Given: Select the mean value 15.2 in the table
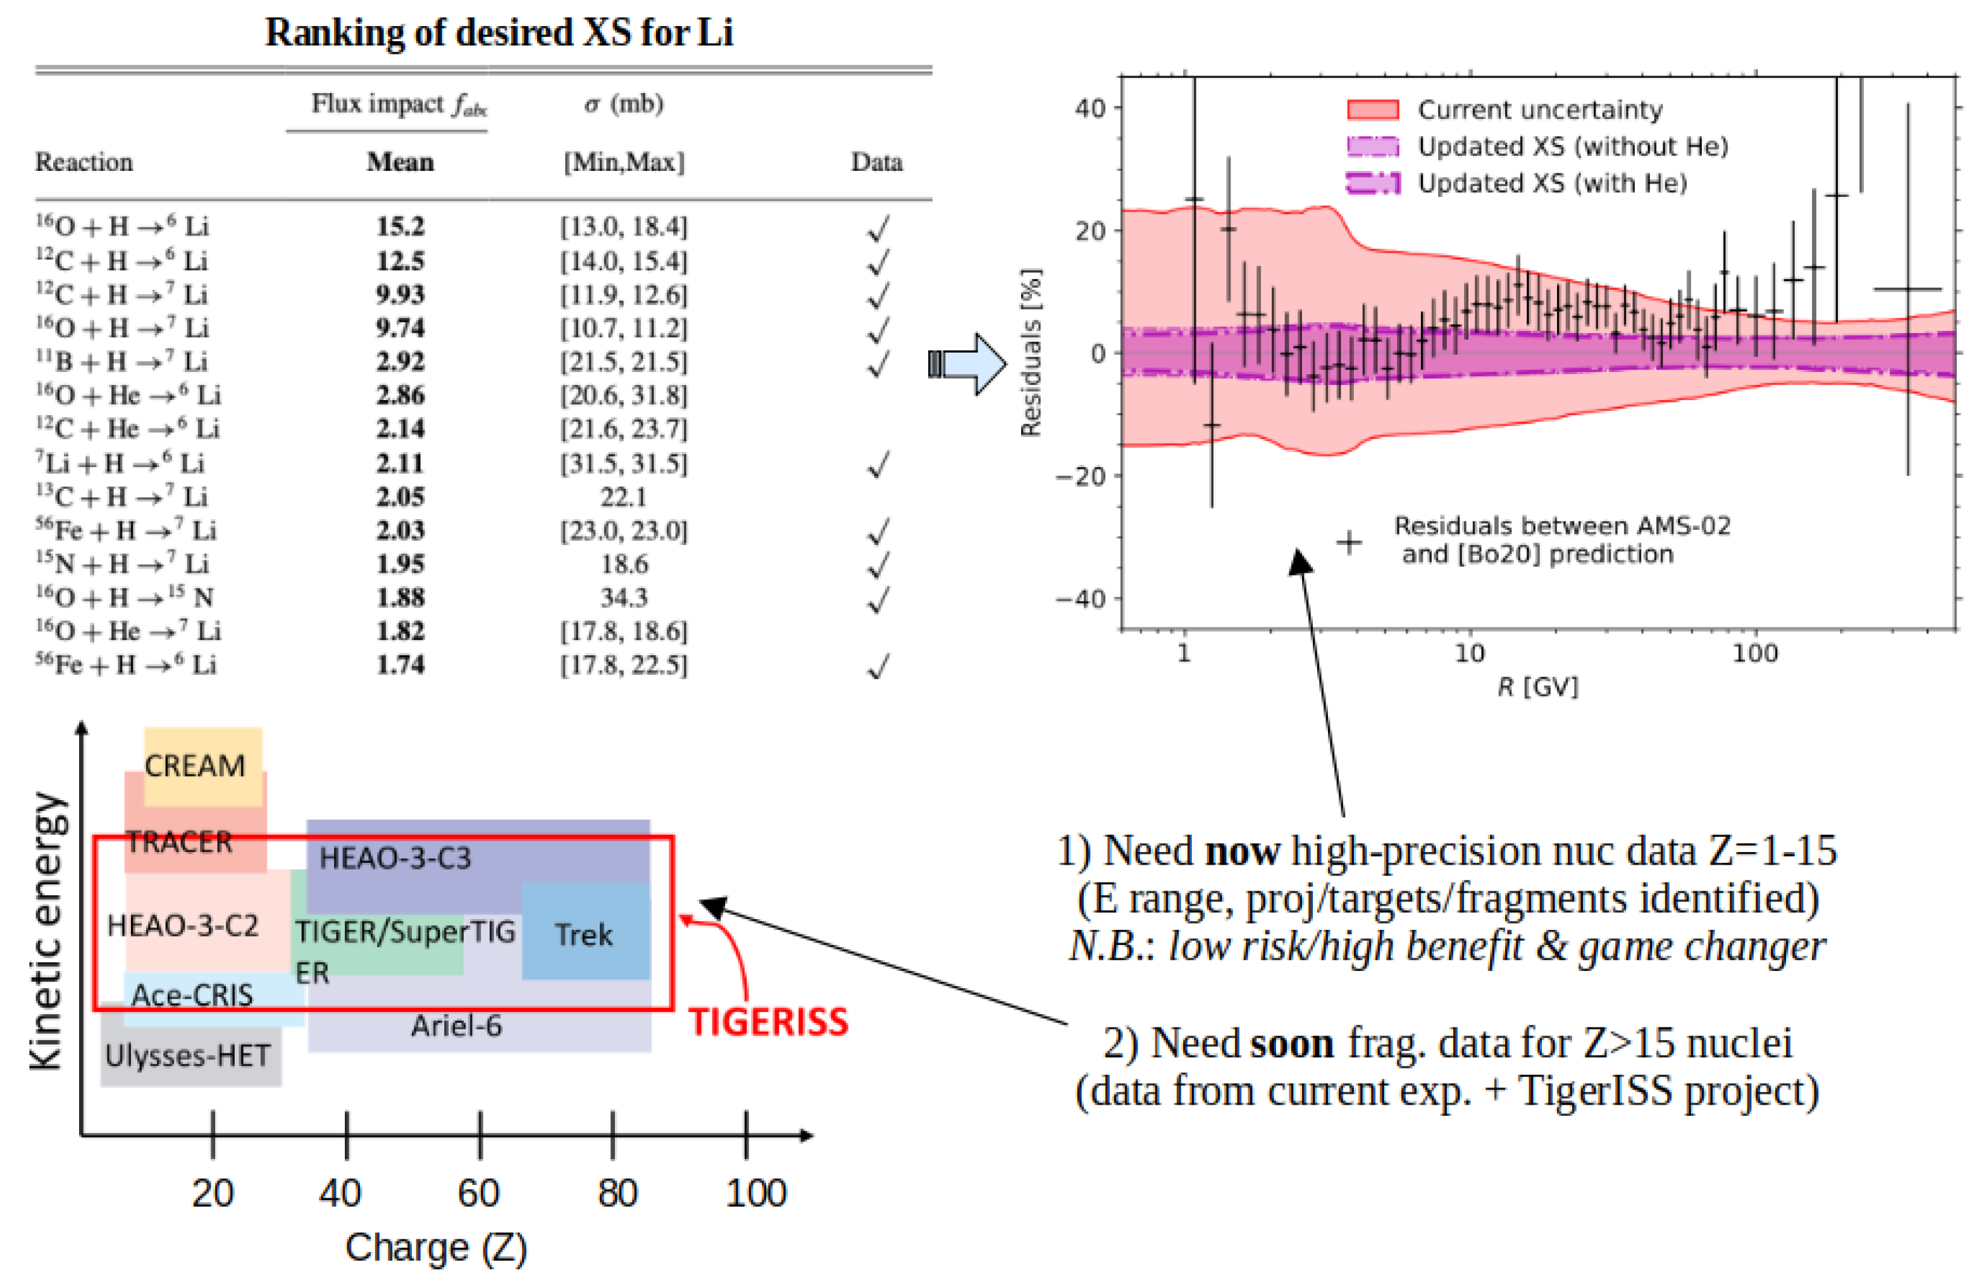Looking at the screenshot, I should point(400,226).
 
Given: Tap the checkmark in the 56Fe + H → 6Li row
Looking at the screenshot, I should point(878,665).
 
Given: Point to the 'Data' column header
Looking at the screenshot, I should point(876,162).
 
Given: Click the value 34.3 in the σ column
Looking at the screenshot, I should point(624,597).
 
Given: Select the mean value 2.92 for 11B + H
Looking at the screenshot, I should point(400,362).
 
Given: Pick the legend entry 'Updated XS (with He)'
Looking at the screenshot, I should point(1551,183).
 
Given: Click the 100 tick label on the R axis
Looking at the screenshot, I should point(1754,654).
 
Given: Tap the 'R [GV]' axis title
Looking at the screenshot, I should point(1537,687).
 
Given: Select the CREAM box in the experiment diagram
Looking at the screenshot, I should point(196,765).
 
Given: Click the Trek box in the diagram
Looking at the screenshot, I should point(584,935).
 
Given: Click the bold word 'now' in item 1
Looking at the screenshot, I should point(1243,851).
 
